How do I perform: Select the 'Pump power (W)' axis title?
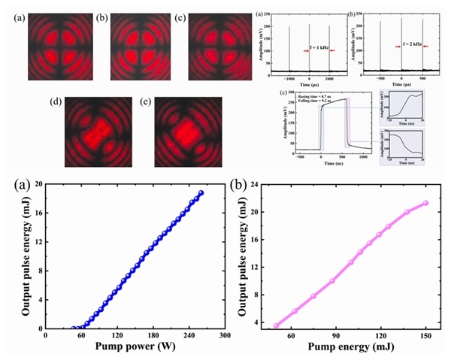[135, 347]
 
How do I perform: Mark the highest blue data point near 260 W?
[201, 193]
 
